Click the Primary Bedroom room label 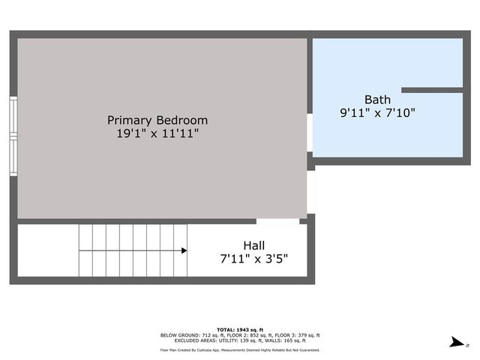pos(157,120)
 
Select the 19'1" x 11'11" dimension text pos(157,134)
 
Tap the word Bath pos(377,100)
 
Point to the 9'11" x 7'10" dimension pos(377,113)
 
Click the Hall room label pos(253,245)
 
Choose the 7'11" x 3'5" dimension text pos(253,259)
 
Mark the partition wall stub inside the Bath pos(431,90)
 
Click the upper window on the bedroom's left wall pos(13,116)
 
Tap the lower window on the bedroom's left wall pos(13,154)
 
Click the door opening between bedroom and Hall pos(277,221)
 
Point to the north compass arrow pos(455,343)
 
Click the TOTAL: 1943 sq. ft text pos(240,330)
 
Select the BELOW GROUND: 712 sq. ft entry pos(187,335)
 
